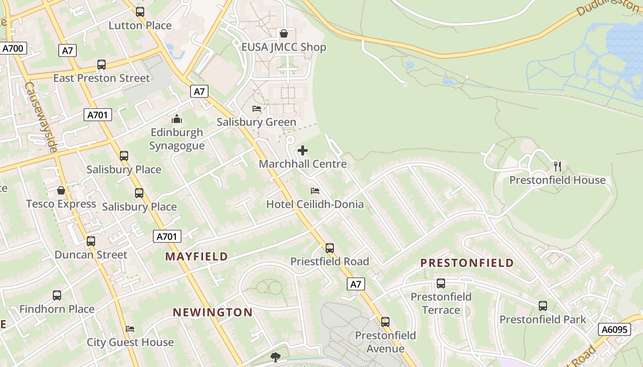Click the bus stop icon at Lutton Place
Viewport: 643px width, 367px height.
[140, 12]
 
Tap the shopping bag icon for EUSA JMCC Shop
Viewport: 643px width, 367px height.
[284, 33]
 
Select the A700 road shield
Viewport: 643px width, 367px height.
[14, 48]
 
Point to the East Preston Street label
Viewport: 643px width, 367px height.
[102, 78]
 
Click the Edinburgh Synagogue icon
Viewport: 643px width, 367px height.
[177, 119]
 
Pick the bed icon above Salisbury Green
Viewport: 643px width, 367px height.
[257, 109]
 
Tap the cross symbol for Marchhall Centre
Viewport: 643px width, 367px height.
[303, 150]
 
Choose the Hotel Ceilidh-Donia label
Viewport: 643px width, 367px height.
[315, 204]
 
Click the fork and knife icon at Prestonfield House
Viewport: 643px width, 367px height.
[558, 166]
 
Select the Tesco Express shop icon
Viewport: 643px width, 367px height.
[61, 190]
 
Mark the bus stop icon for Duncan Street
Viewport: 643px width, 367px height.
[91, 241]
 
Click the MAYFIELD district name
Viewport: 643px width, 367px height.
[197, 256]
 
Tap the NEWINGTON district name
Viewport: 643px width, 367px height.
[213, 312]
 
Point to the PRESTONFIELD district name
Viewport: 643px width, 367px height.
[467, 263]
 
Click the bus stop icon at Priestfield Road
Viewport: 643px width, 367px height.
[330, 248]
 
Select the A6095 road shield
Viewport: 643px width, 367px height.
[615, 329]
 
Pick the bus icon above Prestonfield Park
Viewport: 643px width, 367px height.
[543, 306]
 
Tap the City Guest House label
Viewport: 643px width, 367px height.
[130, 342]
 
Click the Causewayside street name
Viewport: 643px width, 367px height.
[41, 117]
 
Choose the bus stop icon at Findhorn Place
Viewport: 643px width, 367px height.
[57, 295]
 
